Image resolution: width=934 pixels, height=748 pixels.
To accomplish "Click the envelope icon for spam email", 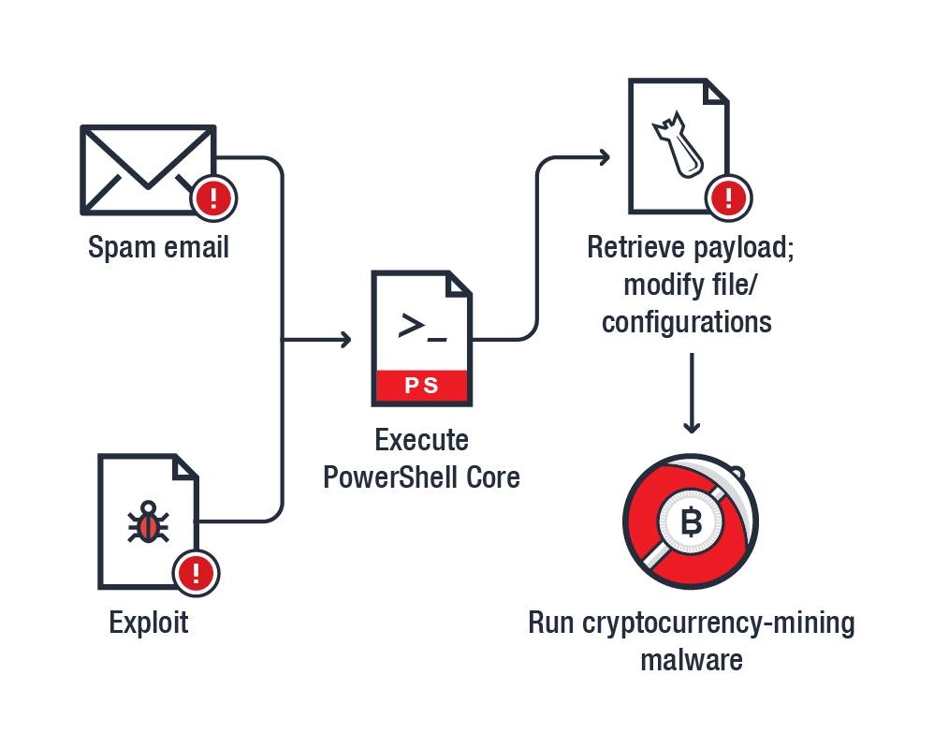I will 145,169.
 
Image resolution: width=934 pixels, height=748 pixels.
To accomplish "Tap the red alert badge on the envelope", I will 214,198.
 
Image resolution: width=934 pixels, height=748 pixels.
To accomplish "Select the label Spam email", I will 158,247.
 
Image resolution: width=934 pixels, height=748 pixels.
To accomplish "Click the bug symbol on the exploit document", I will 148,523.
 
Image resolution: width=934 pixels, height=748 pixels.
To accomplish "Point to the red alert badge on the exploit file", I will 196,572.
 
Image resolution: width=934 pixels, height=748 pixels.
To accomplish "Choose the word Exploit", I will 149,622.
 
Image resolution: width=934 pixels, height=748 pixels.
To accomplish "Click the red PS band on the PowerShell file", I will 421,385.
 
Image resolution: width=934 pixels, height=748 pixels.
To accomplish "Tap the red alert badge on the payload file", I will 729,197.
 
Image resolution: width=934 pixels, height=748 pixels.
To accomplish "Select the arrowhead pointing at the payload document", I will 604,157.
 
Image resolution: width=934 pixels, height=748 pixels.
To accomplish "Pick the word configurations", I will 686,322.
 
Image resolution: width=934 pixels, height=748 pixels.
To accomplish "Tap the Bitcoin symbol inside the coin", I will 691,522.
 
